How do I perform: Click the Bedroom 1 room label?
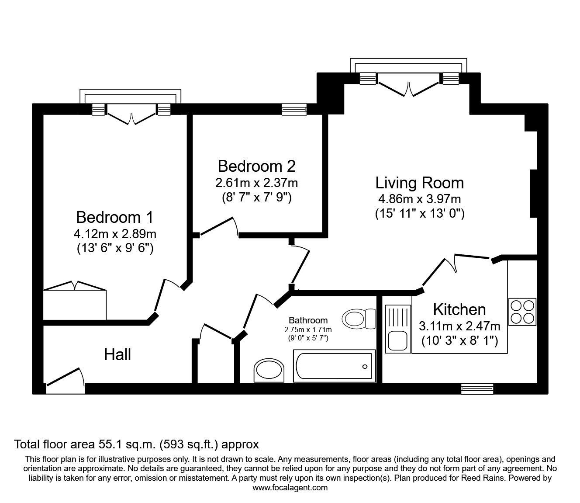click(x=115, y=217)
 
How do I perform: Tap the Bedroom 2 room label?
click(x=256, y=167)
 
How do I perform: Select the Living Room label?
click(x=419, y=183)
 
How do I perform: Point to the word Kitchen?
click(x=459, y=309)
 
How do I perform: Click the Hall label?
click(x=117, y=355)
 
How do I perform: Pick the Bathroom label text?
click(x=308, y=320)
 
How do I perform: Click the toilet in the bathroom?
click(x=359, y=319)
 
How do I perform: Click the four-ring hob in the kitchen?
click(x=522, y=312)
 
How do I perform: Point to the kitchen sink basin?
click(x=397, y=340)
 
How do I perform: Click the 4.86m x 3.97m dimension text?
click(x=419, y=199)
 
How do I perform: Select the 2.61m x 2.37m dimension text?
click(x=256, y=182)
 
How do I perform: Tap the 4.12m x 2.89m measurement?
click(x=115, y=234)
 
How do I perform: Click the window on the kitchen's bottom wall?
click(x=477, y=388)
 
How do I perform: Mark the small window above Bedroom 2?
click(x=294, y=109)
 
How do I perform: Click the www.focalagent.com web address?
click(x=290, y=488)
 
